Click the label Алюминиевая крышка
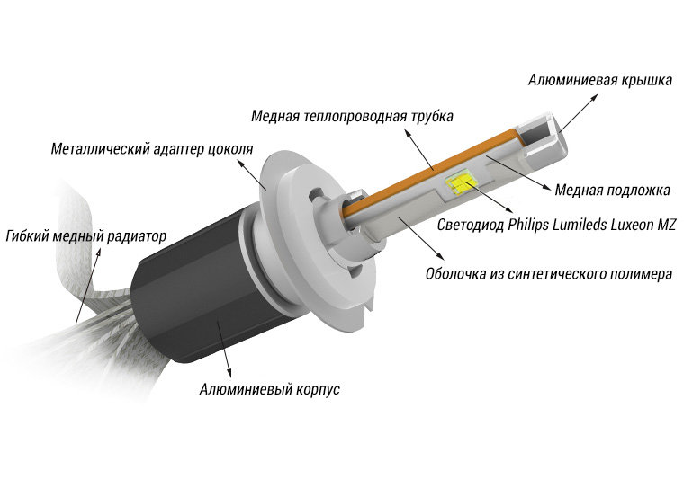(600, 81)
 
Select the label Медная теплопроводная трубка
(352, 117)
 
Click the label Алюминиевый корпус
(268, 390)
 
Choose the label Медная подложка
(612, 190)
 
